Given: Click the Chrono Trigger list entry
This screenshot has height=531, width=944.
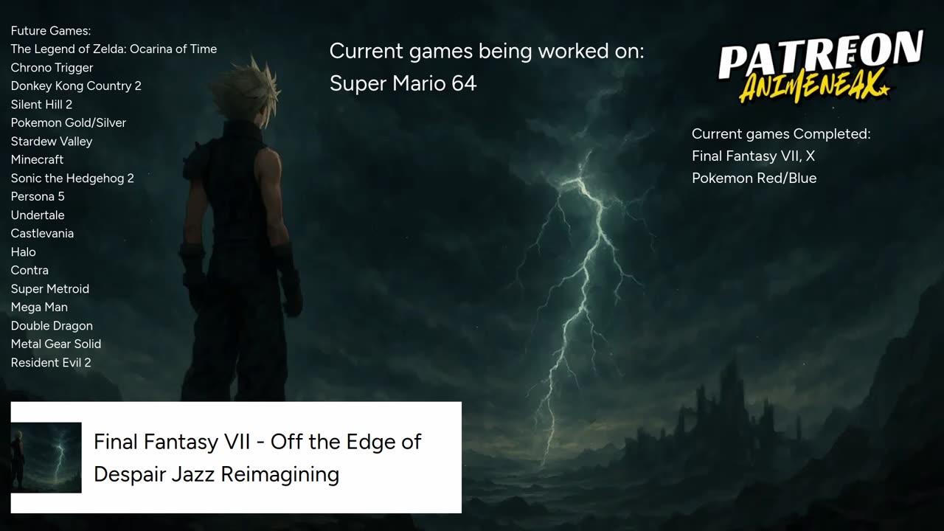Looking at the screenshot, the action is pos(52,68).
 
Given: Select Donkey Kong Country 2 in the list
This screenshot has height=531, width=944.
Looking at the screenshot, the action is pos(76,86).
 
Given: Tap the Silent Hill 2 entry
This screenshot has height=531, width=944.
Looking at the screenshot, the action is pos(41,105).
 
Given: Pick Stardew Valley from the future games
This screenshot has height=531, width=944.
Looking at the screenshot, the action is pos(52,142).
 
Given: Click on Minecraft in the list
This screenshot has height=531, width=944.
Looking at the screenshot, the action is pos(37,160).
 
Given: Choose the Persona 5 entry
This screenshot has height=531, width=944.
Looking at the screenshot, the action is pos(38,197).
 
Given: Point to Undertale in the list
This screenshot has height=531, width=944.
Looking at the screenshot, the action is pos(38,215).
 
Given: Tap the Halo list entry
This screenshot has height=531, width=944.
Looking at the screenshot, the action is pos(23,252).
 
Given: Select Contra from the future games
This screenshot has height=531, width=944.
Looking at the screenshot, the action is pos(29,271).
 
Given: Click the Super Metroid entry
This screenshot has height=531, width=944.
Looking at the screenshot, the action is pos(49,289).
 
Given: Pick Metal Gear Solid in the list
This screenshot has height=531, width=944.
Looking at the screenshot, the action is pos(55,344).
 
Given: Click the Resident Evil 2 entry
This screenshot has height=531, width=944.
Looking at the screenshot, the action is pos(51,363).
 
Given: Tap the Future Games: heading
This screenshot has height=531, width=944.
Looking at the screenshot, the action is pos(51,31).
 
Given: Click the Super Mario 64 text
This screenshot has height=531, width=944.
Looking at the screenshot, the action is pos(403,83).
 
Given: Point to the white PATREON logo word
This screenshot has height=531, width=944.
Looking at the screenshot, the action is pos(821,55).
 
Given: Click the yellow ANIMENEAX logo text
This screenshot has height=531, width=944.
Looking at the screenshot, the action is pos(813,86).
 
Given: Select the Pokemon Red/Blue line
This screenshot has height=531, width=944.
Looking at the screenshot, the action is pos(754,178).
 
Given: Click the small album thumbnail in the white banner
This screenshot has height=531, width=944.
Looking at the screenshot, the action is pos(46,458).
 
